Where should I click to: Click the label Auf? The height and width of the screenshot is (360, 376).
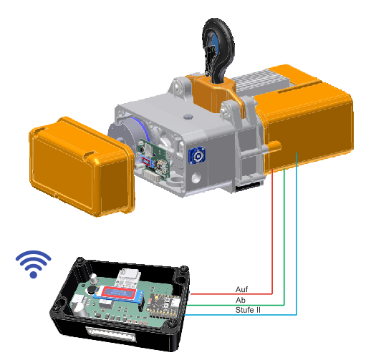tap(241, 289)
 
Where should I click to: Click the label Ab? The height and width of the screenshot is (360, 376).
tap(241, 300)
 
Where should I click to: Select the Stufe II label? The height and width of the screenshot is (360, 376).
tap(248, 310)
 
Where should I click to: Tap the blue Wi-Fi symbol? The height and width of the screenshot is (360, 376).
tap(34, 264)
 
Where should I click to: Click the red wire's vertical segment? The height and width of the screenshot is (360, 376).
tap(272, 231)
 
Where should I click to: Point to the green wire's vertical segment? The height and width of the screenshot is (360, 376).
tap(284, 237)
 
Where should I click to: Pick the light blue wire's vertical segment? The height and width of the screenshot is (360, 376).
tap(297, 234)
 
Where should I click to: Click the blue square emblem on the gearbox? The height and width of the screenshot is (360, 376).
tap(197, 156)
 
